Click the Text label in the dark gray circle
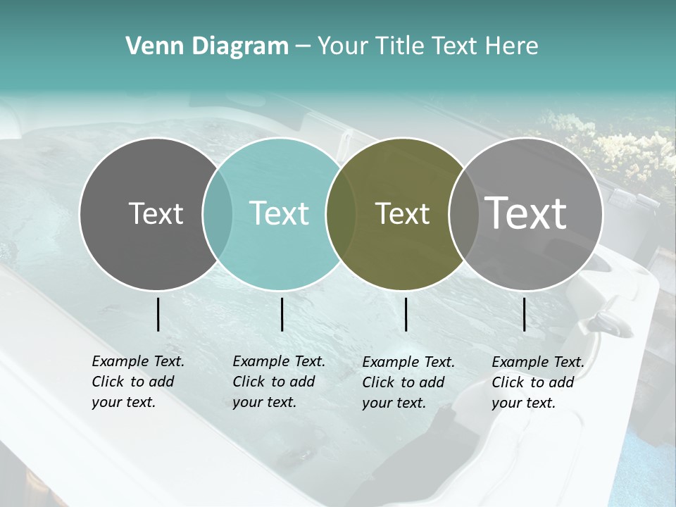(156, 213)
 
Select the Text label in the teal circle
(279, 213)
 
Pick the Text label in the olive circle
(402, 214)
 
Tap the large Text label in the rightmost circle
(526, 213)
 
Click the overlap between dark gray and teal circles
(218, 214)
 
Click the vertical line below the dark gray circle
(158, 314)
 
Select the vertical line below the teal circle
(282, 314)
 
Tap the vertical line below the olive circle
(406, 314)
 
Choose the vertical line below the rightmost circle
(525, 314)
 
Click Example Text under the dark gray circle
(138, 361)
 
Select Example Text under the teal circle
(279, 361)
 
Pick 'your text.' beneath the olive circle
(394, 403)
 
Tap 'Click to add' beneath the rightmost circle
(533, 382)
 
